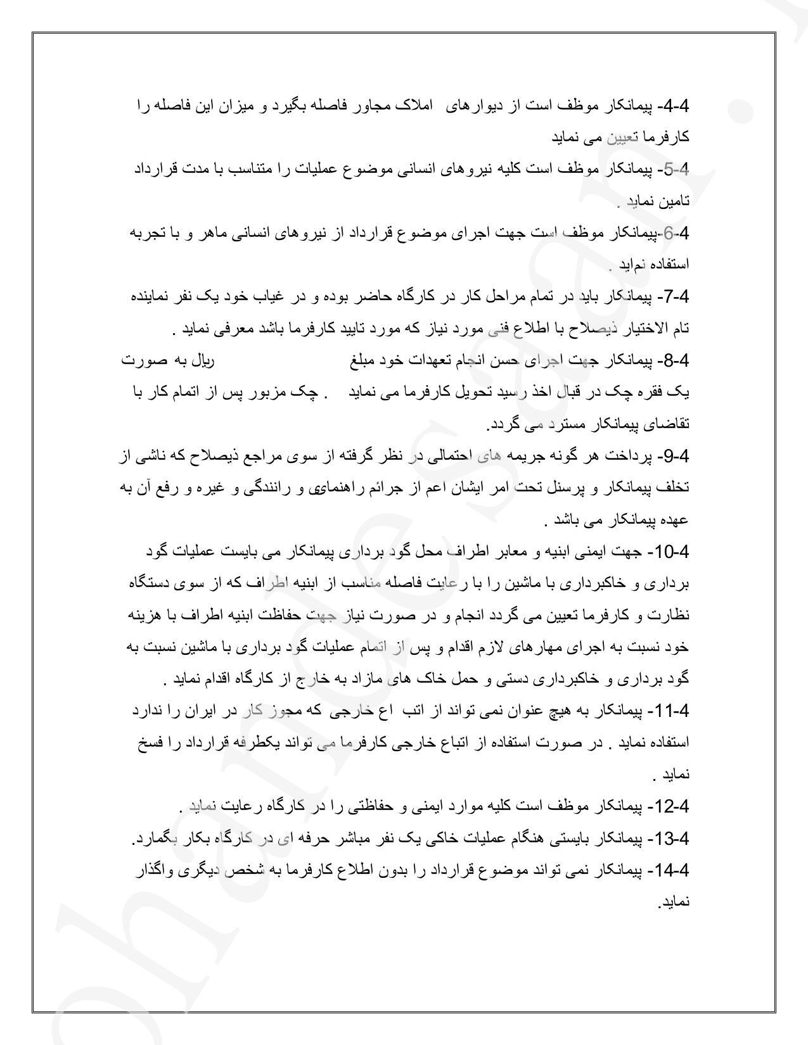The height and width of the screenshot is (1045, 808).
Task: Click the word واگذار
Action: coord(153,871)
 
